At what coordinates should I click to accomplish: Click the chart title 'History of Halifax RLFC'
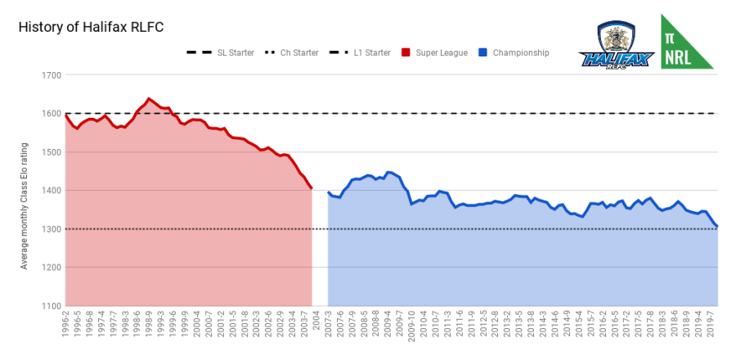click(x=91, y=27)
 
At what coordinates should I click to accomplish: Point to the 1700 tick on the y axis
click(x=51, y=75)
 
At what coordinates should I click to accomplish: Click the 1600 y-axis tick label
click(x=51, y=114)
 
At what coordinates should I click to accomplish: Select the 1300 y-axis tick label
click(x=51, y=229)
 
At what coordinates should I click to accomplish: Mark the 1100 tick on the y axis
click(x=51, y=306)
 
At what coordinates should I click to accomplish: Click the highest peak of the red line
click(x=149, y=98)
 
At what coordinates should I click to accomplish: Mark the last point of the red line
click(x=312, y=188)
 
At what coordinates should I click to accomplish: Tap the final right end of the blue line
click(x=717, y=227)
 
